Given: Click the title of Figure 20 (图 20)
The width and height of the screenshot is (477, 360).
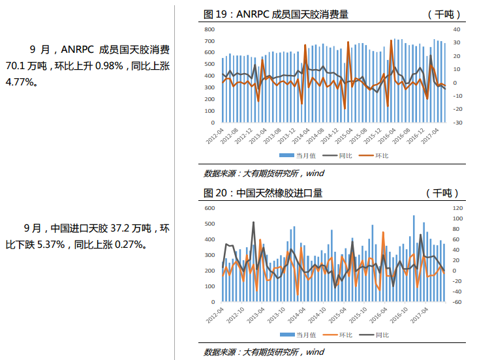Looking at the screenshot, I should point(263,193).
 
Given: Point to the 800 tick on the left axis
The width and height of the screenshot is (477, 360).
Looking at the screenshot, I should point(209,30).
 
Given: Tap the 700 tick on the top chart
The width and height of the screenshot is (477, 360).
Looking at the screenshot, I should point(209,42).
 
